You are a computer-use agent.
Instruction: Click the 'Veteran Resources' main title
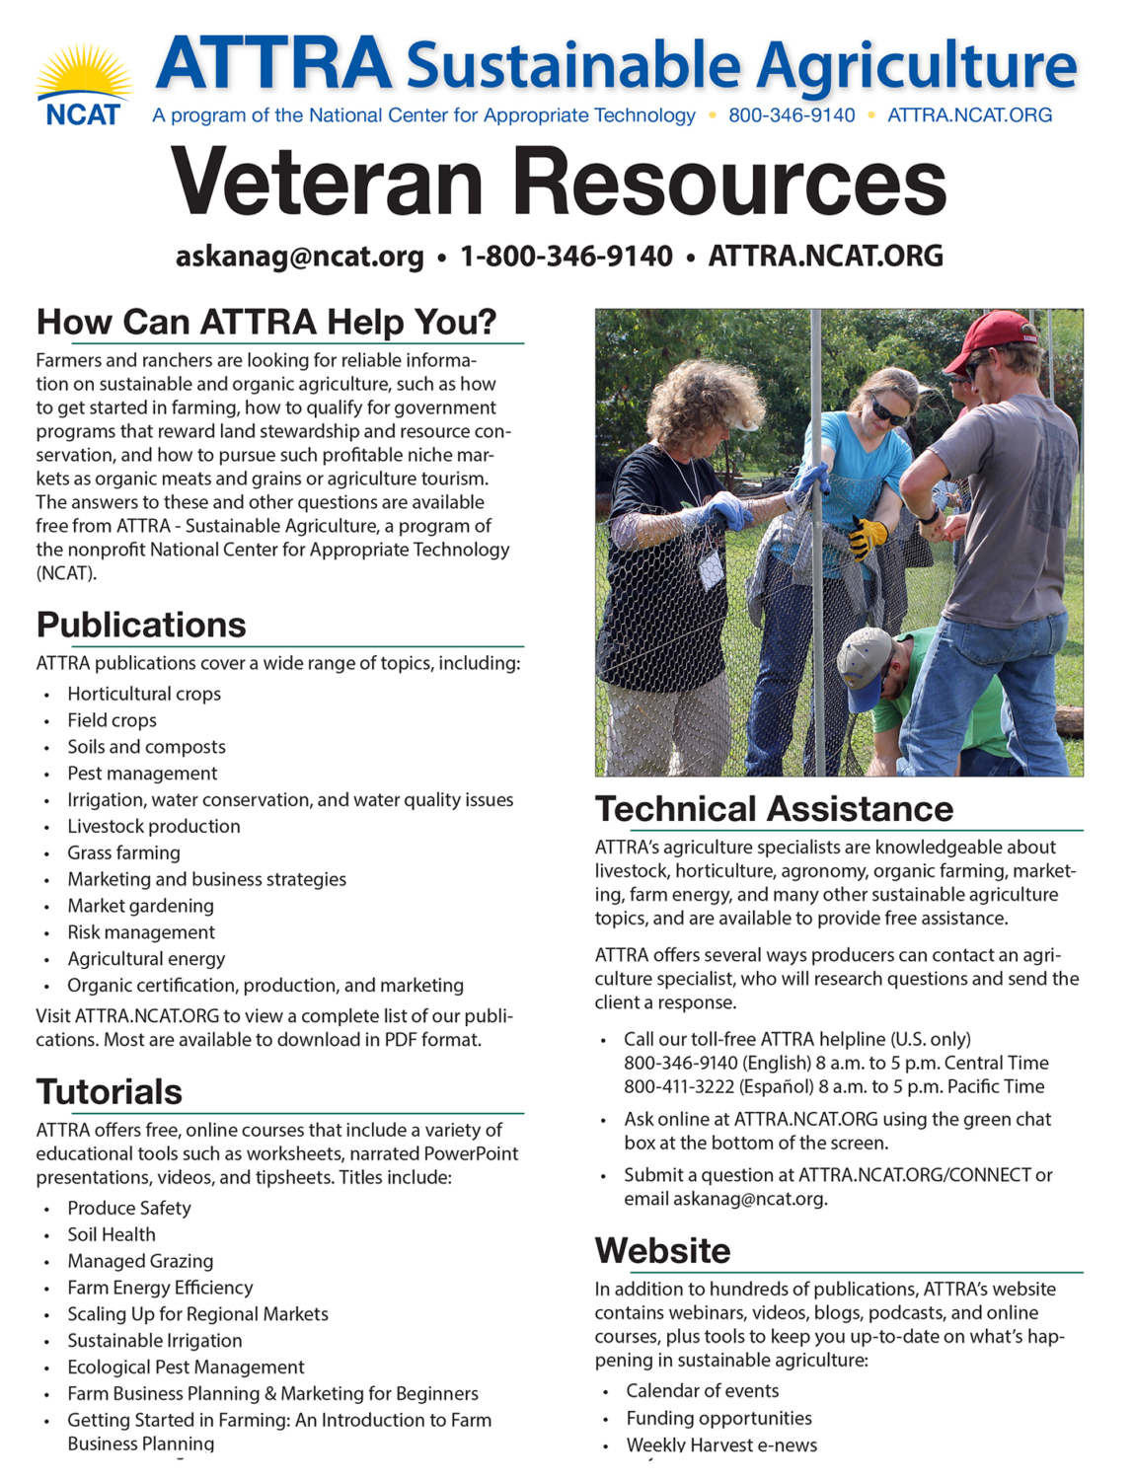(x=559, y=183)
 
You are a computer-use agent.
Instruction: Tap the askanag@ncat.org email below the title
(x=299, y=257)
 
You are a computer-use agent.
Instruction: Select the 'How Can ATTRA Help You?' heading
(x=266, y=323)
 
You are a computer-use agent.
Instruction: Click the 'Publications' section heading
(x=141, y=626)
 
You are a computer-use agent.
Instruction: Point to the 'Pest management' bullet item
(x=142, y=774)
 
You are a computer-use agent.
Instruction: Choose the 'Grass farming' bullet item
(x=123, y=852)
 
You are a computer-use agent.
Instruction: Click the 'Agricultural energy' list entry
(x=146, y=959)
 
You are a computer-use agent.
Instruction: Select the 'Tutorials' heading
(x=110, y=1092)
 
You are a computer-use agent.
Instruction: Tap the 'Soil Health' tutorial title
(x=112, y=1234)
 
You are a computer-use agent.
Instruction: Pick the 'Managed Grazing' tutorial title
(x=140, y=1261)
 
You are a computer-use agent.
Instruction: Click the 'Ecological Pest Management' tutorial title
(x=186, y=1368)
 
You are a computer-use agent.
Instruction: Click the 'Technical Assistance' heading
(x=774, y=809)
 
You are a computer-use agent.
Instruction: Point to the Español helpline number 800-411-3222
(x=680, y=1086)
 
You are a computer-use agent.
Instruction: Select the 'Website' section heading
(x=662, y=1251)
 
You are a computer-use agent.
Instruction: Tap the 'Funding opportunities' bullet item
(x=718, y=1418)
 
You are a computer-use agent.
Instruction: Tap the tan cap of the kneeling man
(x=866, y=658)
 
